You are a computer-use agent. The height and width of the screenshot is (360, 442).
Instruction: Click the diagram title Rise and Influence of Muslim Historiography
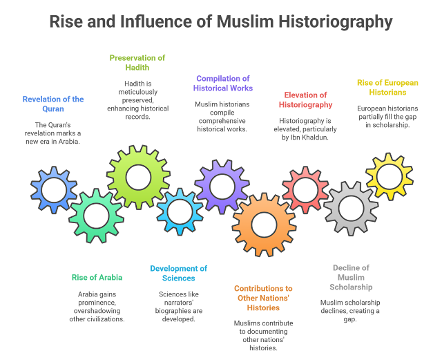click(x=221, y=22)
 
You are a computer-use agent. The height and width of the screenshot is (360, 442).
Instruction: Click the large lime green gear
click(x=138, y=178)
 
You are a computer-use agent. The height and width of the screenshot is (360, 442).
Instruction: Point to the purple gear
click(x=222, y=186)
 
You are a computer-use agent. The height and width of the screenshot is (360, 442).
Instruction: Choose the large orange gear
click(x=264, y=223)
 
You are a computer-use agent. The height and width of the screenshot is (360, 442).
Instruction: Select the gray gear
click(x=351, y=208)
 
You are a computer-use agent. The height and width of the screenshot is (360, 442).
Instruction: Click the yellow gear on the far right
click(x=389, y=177)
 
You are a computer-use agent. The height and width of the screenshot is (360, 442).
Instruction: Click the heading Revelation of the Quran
click(x=53, y=104)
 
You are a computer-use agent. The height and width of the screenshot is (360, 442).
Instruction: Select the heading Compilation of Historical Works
click(x=224, y=84)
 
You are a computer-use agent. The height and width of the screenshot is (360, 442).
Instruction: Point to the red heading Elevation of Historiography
click(x=305, y=100)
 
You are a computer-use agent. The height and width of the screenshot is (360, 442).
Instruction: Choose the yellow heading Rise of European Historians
click(x=387, y=88)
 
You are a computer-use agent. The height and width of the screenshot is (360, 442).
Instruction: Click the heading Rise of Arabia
click(x=97, y=277)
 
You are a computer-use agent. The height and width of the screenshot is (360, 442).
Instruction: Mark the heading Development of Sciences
click(x=179, y=273)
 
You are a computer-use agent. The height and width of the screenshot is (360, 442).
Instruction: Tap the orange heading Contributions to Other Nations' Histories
click(x=263, y=297)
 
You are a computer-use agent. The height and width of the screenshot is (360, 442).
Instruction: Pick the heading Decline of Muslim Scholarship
click(x=351, y=277)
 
